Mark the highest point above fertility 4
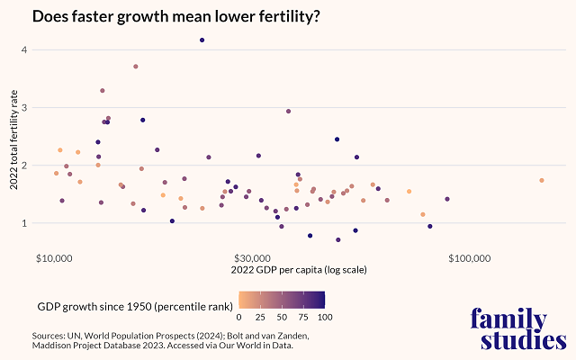(202, 40)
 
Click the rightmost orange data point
(541, 180)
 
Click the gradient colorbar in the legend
(282, 299)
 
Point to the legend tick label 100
(324, 317)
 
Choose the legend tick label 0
(238, 317)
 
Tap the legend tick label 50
(282, 317)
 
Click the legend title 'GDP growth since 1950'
(132, 306)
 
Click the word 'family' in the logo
(508, 319)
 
